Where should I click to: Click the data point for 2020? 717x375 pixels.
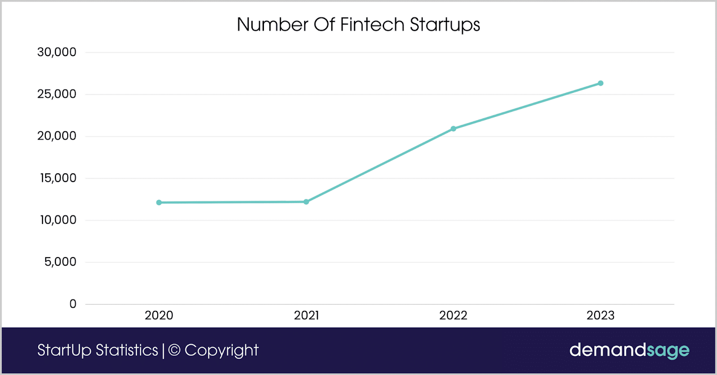click(159, 203)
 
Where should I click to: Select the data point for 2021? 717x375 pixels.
click(306, 202)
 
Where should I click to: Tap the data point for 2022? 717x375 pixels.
click(454, 129)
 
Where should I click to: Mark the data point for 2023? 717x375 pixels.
click(600, 83)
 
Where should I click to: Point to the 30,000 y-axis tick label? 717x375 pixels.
click(57, 52)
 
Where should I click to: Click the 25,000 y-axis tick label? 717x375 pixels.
click(57, 94)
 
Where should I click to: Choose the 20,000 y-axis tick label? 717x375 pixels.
click(57, 136)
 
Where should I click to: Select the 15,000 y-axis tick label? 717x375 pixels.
click(58, 178)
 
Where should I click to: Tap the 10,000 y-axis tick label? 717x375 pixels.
click(58, 220)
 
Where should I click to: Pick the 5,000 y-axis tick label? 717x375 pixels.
click(60, 262)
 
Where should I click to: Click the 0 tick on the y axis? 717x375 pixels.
click(73, 304)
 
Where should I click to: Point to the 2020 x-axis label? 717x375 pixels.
click(159, 316)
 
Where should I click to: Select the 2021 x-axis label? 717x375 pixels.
click(306, 316)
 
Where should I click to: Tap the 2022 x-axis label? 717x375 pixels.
click(454, 316)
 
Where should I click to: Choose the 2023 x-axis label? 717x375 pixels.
click(600, 316)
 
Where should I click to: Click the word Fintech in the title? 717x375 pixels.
click(372, 25)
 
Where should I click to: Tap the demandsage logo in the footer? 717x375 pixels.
click(629, 350)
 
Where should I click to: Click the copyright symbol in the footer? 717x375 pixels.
click(174, 350)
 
